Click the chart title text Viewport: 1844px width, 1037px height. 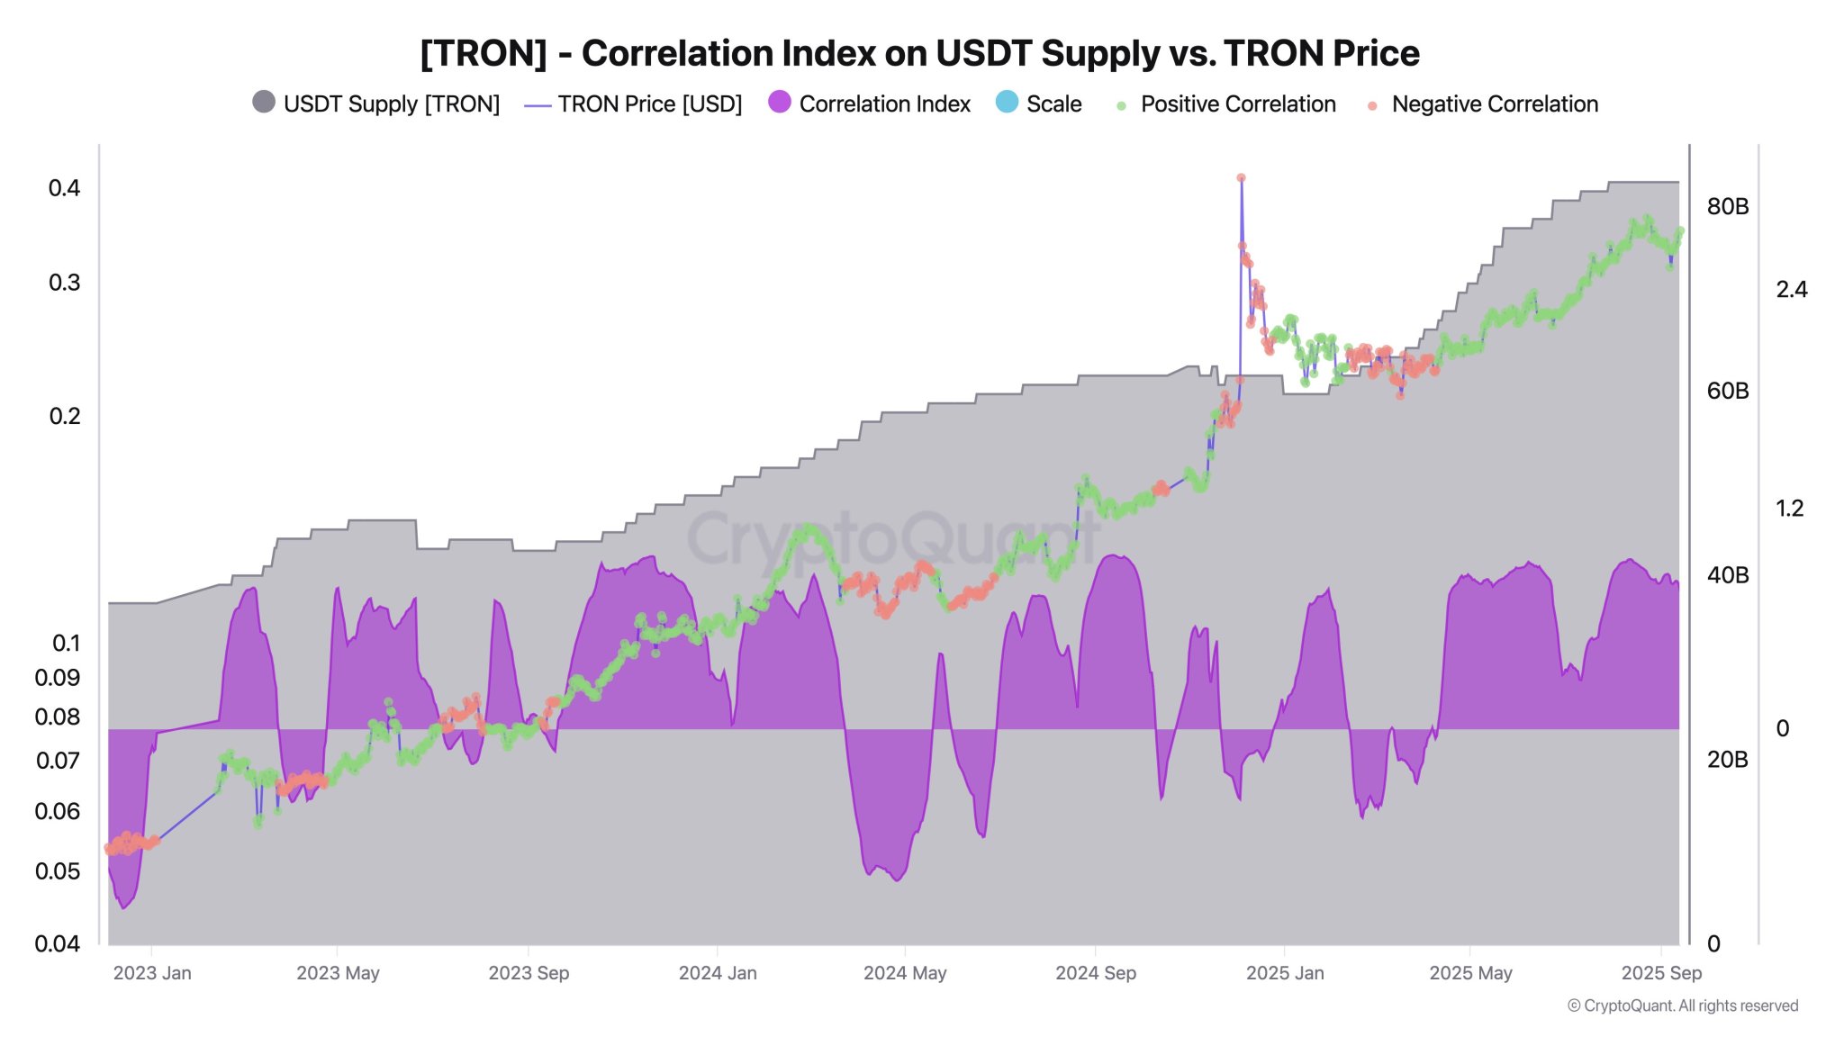click(x=919, y=54)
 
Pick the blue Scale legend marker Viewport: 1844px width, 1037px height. click(x=1007, y=102)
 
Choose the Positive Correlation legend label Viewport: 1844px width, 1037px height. click(x=1237, y=104)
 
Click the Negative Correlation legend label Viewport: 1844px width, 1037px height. click(x=1494, y=104)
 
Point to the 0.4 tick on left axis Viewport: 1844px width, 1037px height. click(x=64, y=188)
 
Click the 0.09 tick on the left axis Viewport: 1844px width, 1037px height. click(x=58, y=678)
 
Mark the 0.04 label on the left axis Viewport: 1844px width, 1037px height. click(x=58, y=943)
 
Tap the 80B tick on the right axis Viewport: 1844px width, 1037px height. click(x=1727, y=206)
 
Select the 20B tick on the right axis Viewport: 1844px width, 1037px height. click(x=1727, y=760)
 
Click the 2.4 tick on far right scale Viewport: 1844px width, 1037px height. click(x=1791, y=289)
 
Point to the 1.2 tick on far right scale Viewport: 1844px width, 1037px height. click(x=1789, y=509)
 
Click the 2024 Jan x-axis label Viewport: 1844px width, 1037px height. click(x=718, y=973)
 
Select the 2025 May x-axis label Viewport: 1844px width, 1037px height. click(x=1470, y=973)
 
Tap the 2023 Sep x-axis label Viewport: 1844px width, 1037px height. click(x=529, y=973)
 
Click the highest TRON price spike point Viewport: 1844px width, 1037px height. click(x=1241, y=178)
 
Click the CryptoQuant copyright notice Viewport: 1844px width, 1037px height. click(x=1682, y=1005)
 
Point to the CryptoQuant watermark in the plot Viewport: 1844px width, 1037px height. click(x=891, y=538)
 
